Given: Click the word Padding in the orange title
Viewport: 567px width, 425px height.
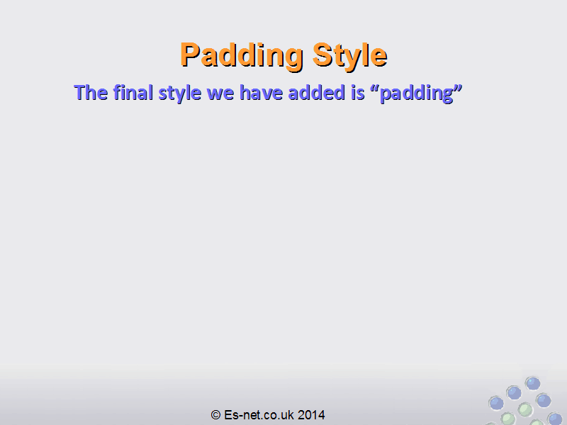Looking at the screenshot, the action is click(x=241, y=55).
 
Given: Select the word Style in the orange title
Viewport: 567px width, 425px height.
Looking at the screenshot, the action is click(x=350, y=55).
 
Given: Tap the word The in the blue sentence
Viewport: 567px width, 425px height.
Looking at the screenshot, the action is click(x=91, y=93).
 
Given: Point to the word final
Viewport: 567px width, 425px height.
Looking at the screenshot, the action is click(x=133, y=93).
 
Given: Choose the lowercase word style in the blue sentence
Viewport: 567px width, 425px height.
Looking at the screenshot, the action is click(x=180, y=93).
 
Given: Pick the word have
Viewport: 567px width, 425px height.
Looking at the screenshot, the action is click(x=261, y=93).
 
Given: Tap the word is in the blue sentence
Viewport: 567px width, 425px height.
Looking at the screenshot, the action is click(x=358, y=93).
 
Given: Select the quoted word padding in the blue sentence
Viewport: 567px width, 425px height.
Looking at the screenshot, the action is click(x=417, y=93).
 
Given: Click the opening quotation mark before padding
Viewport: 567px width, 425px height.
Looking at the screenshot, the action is click(x=375, y=88).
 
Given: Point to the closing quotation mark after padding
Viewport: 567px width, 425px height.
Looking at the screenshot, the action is click(x=458, y=88).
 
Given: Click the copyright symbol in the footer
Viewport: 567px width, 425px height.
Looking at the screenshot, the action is click(x=215, y=415).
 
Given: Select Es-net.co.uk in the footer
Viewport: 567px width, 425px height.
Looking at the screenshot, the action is click(x=259, y=415).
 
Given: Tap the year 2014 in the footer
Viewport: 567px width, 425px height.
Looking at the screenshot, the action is click(x=311, y=415).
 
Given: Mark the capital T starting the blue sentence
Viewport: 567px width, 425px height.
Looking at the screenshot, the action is click(x=80, y=93).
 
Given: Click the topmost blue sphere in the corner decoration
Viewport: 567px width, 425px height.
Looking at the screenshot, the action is click(x=533, y=383).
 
